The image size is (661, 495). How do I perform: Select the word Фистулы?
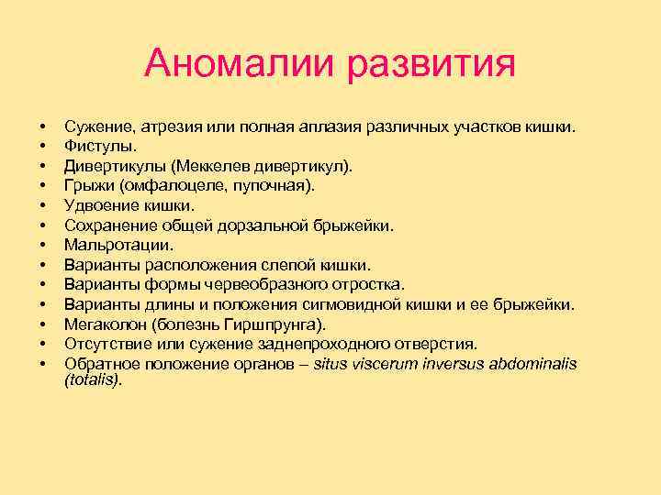click(99, 145)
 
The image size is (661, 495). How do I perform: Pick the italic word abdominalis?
click(521, 364)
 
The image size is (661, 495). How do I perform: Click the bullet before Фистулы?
click(42, 145)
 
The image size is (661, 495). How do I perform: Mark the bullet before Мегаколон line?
click(42, 324)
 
